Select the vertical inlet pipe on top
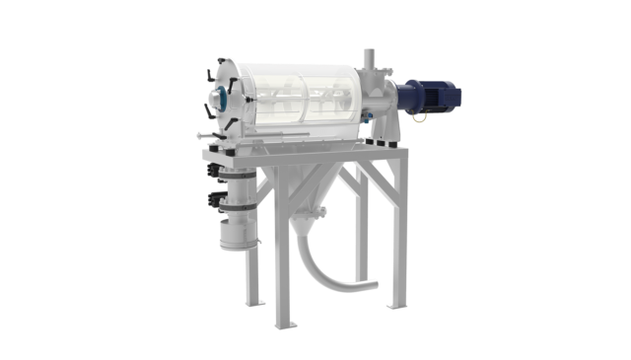pyautogui.click(x=367, y=61)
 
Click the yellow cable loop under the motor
pyautogui.click(x=419, y=117)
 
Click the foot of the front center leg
pyautogui.click(x=283, y=326)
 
